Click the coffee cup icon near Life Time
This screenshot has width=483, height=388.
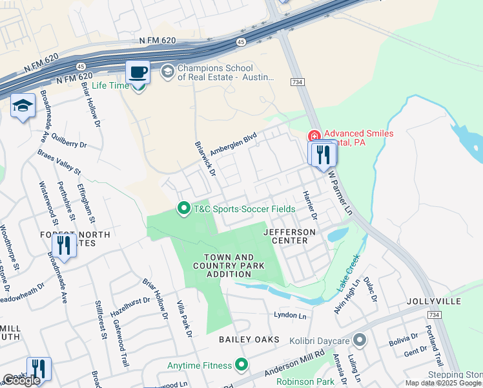click(x=138, y=71)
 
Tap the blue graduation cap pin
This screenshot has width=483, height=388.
click(x=23, y=107)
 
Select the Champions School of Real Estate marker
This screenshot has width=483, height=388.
click(x=168, y=71)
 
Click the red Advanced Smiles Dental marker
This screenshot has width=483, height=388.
click(x=314, y=136)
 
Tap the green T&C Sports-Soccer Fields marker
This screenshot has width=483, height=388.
click(x=184, y=208)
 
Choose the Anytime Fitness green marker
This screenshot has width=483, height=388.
click(x=242, y=365)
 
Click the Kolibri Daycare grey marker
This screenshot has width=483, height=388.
click(x=360, y=340)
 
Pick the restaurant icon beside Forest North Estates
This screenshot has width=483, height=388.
click(x=63, y=245)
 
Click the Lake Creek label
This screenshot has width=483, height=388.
click(x=349, y=276)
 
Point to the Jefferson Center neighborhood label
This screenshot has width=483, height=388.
click(x=290, y=236)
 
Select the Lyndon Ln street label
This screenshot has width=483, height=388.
click(x=289, y=316)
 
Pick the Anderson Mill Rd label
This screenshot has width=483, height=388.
click(x=293, y=365)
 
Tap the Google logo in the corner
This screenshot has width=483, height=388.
click(x=21, y=380)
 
